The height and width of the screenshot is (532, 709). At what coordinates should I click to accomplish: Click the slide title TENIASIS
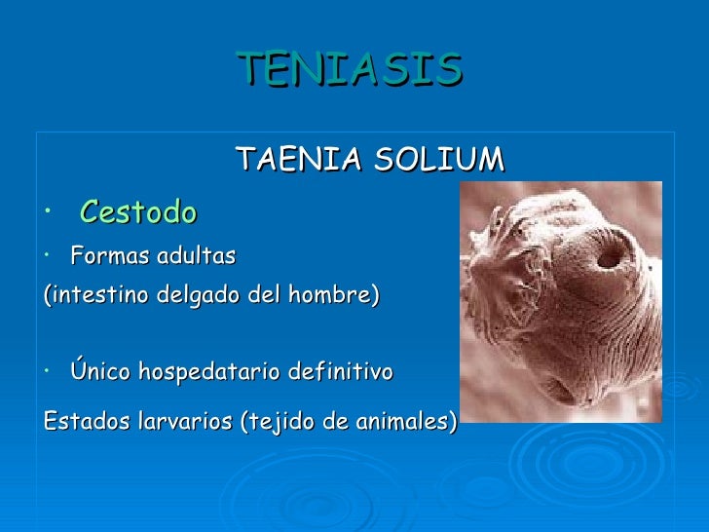coord(349,68)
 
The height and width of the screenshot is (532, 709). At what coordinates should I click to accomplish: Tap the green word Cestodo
coord(138,211)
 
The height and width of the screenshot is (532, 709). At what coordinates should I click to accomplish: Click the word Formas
coord(103,257)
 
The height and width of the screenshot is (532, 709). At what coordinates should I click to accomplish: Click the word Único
coord(100,372)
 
